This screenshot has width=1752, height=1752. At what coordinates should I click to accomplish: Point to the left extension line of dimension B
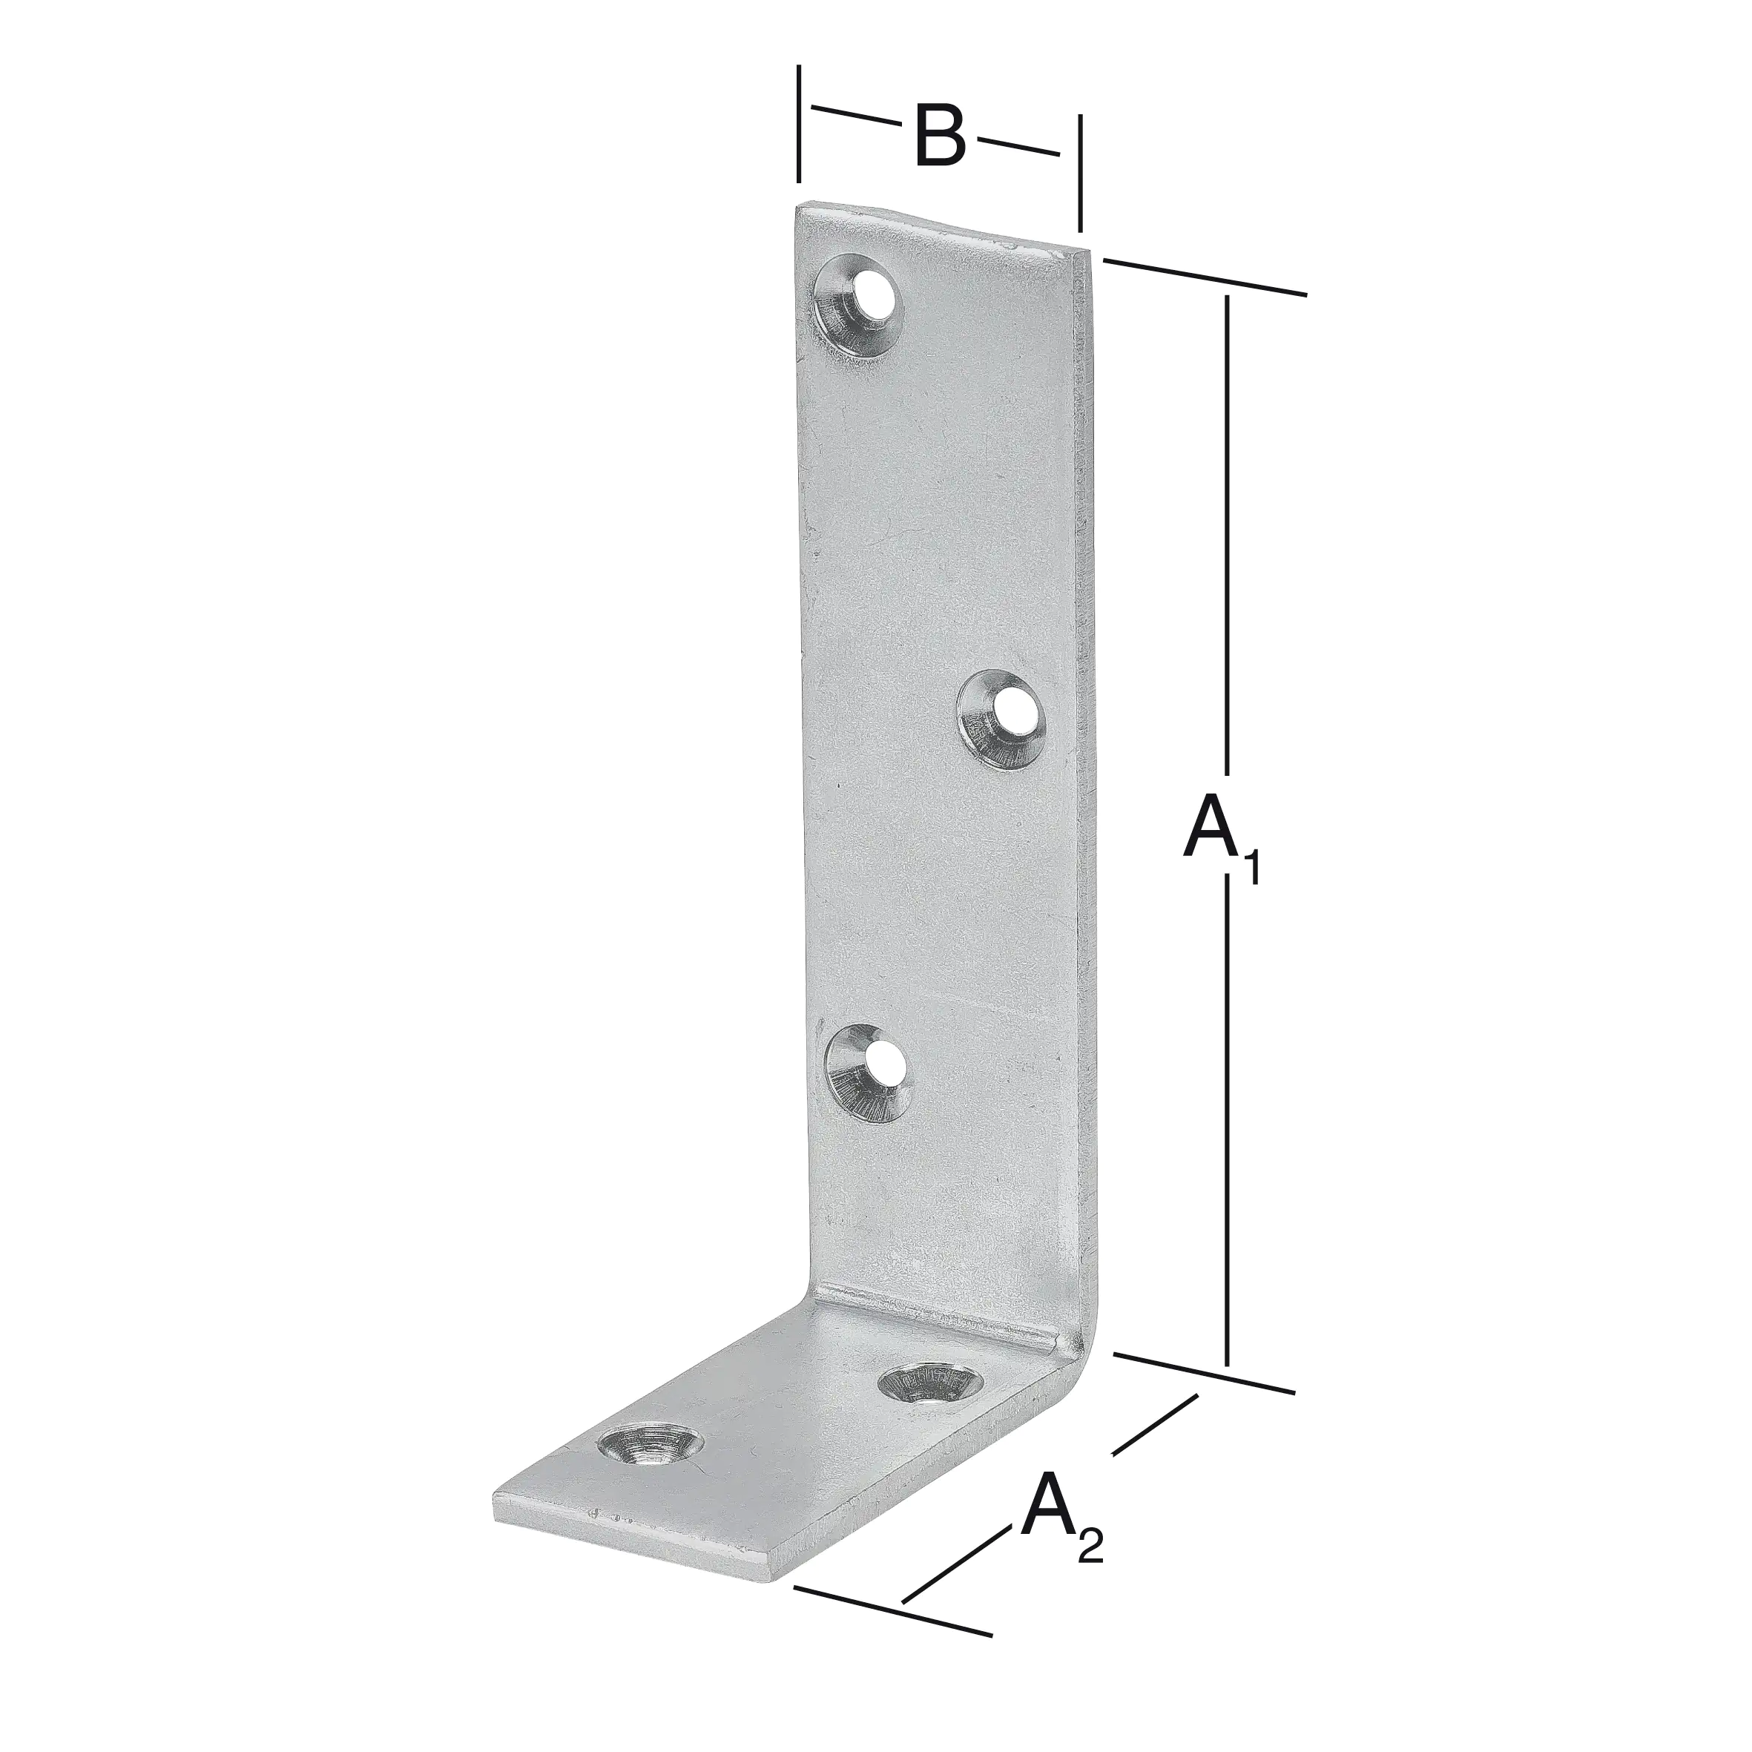click(798, 122)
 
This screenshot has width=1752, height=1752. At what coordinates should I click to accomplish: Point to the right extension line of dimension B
click(1079, 172)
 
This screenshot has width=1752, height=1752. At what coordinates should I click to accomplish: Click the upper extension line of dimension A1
click(1206, 277)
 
